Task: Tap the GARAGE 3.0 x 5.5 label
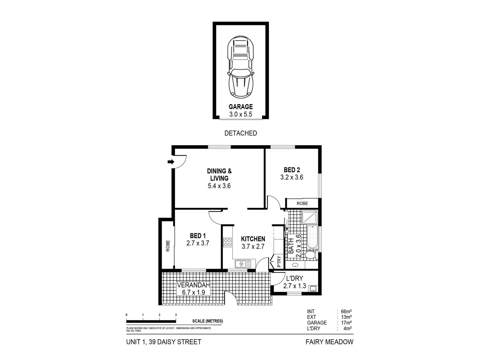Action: click(x=241, y=110)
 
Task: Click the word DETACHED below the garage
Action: click(x=241, y=133)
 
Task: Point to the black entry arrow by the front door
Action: click(x=171, y=162)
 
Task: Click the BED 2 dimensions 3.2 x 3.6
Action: click(x=292, y=177)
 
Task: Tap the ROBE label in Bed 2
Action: click(x=302, y=203)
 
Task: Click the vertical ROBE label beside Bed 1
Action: click(x=168, y=246)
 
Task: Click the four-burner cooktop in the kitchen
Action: click(x=227, y=242)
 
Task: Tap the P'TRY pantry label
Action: click(x=279, y=262)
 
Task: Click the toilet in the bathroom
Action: click(x=310, y=255)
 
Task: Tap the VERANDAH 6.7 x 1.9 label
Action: click(x=193, y=289)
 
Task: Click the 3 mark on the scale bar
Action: click(x=176, y=315)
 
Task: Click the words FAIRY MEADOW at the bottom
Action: click(x=329, y=342)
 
